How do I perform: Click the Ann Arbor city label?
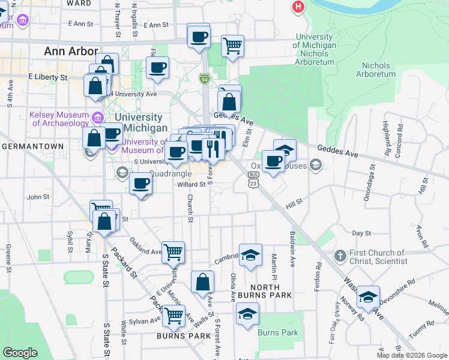71,52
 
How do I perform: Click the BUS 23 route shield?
253,179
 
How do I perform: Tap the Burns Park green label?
277,332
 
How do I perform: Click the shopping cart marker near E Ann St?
232,45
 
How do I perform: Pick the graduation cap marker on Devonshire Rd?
367,298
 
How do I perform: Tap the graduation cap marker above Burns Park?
247,313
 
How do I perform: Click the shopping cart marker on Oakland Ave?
173,251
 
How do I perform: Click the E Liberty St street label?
47,77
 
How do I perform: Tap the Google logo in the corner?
20,353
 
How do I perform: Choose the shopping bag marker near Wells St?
202,281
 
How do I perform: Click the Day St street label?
361,233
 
